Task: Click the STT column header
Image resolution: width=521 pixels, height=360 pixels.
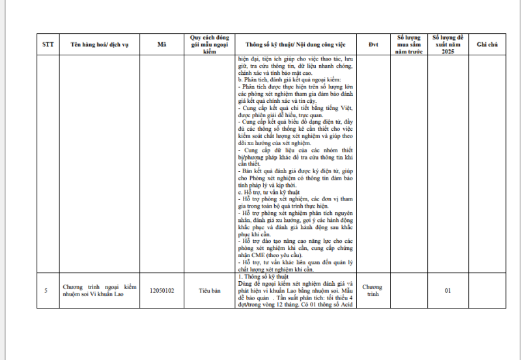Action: click(x=48, y=45)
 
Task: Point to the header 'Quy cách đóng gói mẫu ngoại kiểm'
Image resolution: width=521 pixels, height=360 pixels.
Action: click(x=209, y=44)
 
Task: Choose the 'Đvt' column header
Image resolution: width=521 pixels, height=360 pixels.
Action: click(x=373, y=45)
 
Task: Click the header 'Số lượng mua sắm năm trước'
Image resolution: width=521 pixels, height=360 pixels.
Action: click(x=410, y=44)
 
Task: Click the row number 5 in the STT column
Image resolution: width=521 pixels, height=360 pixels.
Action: click(x=46, y=290)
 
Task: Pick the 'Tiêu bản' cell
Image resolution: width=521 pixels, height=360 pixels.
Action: click(x=209, y=290)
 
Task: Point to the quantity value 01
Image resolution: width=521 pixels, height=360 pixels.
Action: click(x=447, y=290)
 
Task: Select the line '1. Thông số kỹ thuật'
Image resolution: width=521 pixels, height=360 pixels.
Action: click(x=260, y=277)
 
